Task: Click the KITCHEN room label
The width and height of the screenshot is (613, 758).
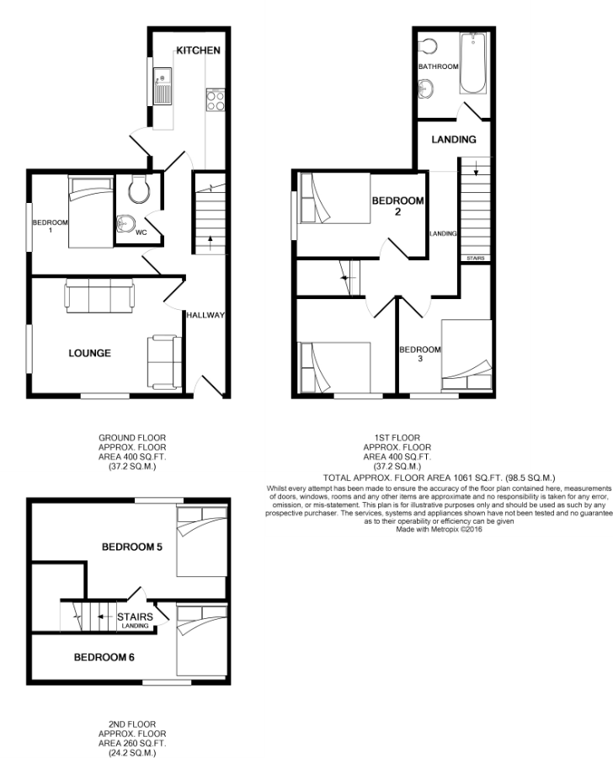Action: pos(198,51)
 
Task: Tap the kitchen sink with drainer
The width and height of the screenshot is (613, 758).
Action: pos(163,86)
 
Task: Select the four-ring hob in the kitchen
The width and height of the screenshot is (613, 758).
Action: pos(215,100)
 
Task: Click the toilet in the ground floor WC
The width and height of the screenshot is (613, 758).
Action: pos(139,189)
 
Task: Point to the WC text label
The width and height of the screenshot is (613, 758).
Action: pos(141,232)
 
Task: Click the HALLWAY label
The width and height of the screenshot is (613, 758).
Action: pos(206,315)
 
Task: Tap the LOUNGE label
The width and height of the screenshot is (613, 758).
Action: pos(90,354)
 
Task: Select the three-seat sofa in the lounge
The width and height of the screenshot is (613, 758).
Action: pos(100,296)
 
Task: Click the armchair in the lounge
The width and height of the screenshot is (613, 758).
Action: pos(164,362)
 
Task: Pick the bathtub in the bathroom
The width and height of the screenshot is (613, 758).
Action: pos(473,63)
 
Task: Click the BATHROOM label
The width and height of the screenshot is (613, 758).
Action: pos(439,67)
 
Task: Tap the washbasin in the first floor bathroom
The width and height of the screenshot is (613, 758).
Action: pos(426,89)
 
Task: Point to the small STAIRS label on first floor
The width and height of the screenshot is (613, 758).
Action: pos(476,259)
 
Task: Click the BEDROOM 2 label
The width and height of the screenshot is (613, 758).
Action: pos(398,206)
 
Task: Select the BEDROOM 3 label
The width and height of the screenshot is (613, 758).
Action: pos(420,354)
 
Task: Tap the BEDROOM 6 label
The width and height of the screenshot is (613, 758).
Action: pos(104,658)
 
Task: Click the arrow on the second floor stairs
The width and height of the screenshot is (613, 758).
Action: pos(103,617)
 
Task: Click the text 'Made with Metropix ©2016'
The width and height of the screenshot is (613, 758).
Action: pos(439,530)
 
